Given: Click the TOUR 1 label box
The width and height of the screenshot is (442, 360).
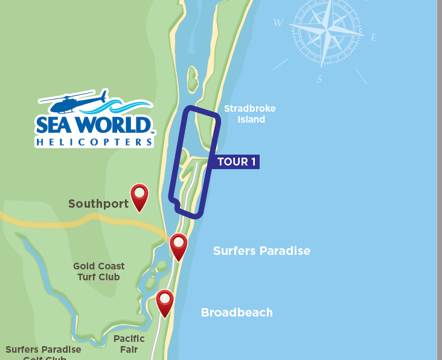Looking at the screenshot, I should click(237, 162).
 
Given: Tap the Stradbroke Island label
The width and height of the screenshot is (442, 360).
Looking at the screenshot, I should click(249, 114).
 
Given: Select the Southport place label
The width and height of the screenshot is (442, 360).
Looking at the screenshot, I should click(98, 204).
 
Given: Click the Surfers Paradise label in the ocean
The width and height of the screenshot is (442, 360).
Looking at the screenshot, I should click(261, 251).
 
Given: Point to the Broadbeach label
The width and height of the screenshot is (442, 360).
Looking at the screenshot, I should click(237, 312).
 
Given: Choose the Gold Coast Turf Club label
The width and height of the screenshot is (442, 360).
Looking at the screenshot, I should click(99, 271).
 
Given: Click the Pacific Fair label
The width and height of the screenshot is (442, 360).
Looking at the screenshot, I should click(129, 344).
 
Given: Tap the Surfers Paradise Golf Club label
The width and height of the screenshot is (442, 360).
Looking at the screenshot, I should click(43, 352).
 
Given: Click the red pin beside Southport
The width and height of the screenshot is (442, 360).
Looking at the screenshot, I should click(139, 195).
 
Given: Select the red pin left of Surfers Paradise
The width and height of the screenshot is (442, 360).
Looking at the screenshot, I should click(179, 245).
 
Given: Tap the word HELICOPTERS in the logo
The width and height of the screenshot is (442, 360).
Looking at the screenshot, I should click(94, 143).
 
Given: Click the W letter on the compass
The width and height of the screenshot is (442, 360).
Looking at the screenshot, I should click(278, 23).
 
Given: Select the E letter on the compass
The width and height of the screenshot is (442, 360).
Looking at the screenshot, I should click(373, 37).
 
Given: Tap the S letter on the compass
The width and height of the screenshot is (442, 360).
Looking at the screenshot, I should click(319, 79).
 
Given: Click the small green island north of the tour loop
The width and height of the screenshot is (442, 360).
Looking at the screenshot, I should click(193, 80).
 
